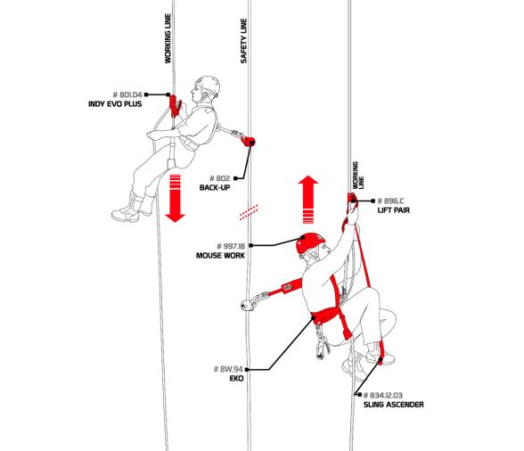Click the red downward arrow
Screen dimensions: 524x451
[x=175, y=198]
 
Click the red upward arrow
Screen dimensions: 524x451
[x=308, y=200]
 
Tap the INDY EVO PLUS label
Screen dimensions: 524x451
[x=115, y=104]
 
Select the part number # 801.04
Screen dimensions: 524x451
[x=127, y=94]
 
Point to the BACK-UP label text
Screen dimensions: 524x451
[x=215, y=187]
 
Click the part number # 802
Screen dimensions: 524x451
[x=219, y=178]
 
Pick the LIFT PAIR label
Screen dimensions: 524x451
[x=393, y=210]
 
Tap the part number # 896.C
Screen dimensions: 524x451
[x=390, y=201]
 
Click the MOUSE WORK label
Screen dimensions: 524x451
[x=220, y=256]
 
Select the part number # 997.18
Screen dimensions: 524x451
[x=231, y=246]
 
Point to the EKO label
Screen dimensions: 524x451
[x=236, y=379]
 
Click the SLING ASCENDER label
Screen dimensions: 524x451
[x=393, y=405]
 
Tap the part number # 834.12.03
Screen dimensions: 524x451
[x=383, y=395]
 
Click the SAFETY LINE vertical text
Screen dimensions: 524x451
[x=243, y=41]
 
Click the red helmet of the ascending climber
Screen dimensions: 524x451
[x=310, y=242]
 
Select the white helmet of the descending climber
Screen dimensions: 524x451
[x=208, y=85]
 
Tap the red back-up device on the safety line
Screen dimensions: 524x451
[x=249, y=142]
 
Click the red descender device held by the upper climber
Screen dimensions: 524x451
[x=175, y=106]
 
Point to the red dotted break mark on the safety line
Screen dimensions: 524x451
[x=249, y=212]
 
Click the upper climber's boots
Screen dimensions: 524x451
[x=134, y=208]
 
